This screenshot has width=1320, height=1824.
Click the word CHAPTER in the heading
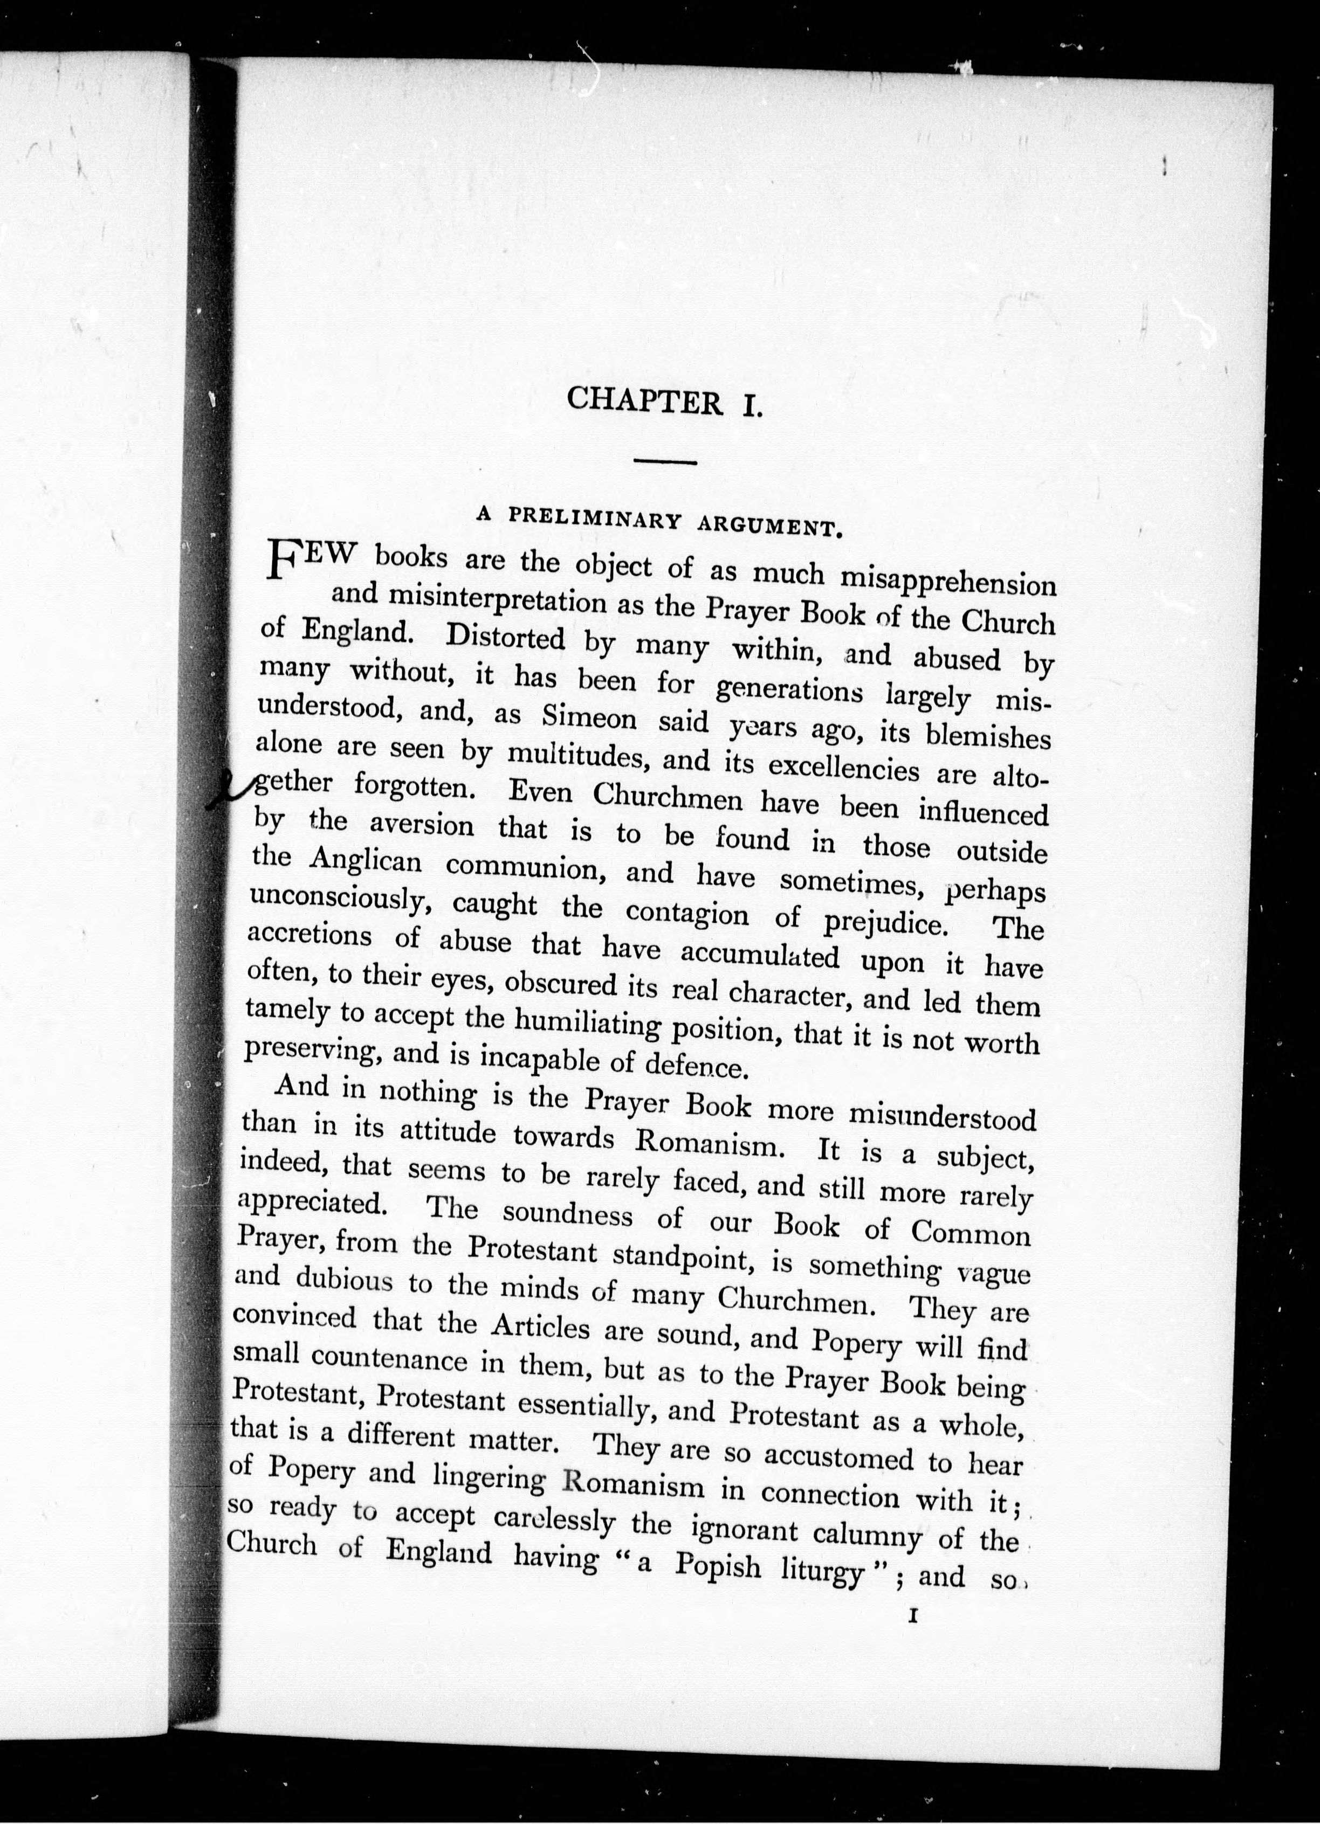644,400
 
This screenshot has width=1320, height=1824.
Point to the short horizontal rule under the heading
664,461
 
